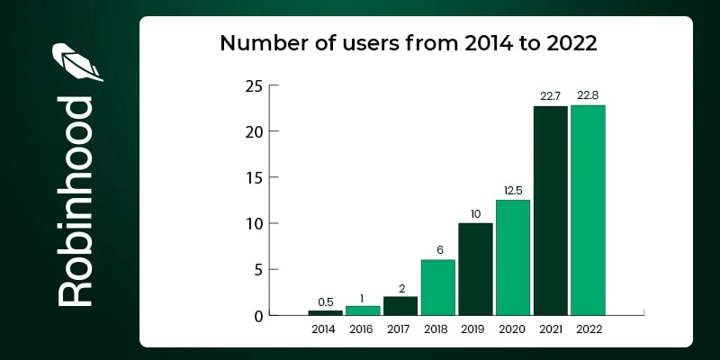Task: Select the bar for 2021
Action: (550, 211)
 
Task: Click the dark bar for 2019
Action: (475, 269)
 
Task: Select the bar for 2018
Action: (437, 287)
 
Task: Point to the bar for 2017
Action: (400, 306)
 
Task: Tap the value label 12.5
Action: (513, 192)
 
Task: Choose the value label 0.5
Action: (325, 302)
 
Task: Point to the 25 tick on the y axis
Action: (254, 86)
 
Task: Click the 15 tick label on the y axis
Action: (254, 178)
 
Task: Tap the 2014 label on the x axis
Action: (325, 329)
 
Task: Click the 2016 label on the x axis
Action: (363, 329)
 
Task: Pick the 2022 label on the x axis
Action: (588, 329)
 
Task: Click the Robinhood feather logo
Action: (76, 64)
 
